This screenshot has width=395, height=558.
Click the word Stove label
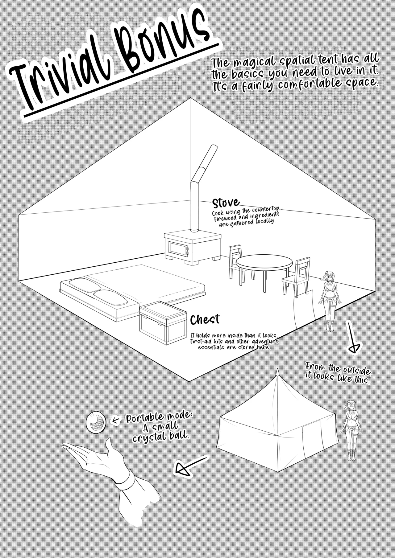(x=226, y=203)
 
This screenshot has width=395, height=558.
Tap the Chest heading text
(x=205, y=320)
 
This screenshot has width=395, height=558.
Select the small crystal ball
(x=96, y=421)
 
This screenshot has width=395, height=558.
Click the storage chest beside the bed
(x=163, y=322)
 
